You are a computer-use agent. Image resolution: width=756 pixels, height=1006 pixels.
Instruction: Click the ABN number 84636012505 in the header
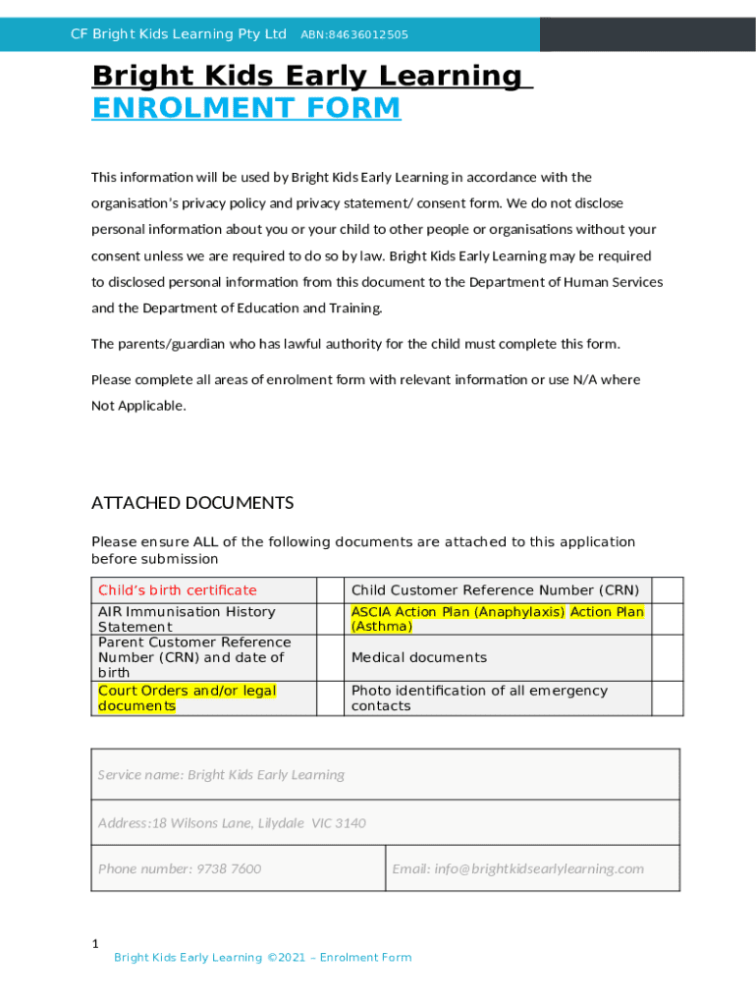[x=354, y=35]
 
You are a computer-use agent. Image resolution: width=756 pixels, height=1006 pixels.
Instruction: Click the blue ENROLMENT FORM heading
[x=246, y=108]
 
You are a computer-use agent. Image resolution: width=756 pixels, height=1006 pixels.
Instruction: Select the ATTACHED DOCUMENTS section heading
[x=192, y=503]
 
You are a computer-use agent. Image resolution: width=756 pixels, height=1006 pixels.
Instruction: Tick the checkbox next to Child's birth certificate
[x=329, y=590]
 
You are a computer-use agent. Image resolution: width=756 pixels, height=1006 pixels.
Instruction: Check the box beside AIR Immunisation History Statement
[x=329, y=619]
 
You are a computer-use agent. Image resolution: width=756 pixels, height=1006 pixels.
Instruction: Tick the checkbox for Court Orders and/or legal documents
[x=329, y=698]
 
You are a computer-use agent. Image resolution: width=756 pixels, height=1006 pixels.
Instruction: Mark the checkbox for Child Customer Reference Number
[x=667, y=590]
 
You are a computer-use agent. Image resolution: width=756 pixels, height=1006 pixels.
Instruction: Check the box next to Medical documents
[x=667, y=657]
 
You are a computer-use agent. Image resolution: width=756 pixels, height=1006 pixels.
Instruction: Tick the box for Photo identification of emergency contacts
[x=667, y=698]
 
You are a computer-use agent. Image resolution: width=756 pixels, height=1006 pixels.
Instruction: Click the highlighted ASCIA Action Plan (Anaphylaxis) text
[x=458, y=612]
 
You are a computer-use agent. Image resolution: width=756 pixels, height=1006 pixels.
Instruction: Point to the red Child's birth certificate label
[x=177, y=590]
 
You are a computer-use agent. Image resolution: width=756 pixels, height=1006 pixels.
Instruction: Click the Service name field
[x=385, y=774]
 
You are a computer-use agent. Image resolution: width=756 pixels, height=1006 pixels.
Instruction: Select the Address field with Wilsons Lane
[x=385, y=822]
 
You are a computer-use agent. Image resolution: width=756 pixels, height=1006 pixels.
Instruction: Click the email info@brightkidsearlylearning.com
[x=517, y=868]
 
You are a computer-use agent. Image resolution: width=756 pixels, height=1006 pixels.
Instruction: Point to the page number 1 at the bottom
[x=95, y=944]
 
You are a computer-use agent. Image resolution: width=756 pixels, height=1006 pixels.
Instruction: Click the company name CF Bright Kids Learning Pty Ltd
[x=179, y=35]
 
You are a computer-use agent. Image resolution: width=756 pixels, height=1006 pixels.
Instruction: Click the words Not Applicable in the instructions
[x=136, y=406]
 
